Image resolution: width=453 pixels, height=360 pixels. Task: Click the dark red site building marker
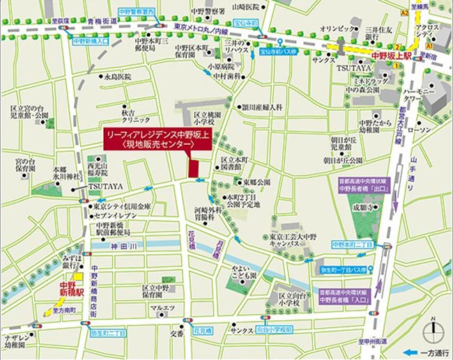click(193, 168)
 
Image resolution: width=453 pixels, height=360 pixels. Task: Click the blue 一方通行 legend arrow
click(411, 352)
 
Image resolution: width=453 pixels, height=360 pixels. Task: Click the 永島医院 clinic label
click(117, 77)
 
